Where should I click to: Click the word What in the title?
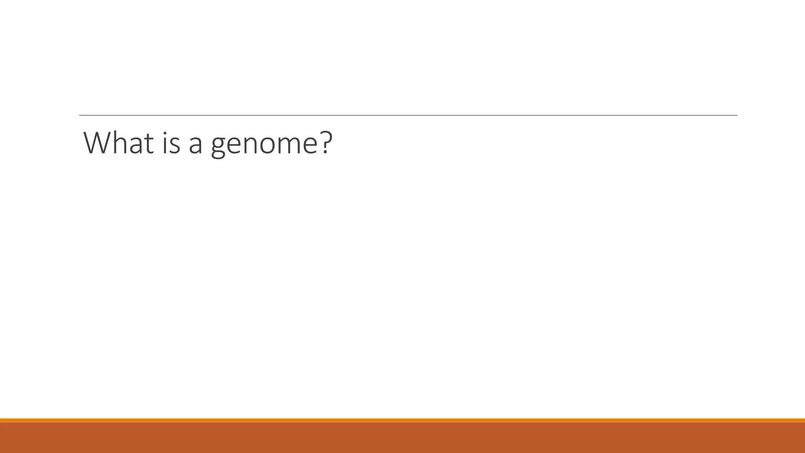pos(118,143)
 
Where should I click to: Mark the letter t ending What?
pos(149,144)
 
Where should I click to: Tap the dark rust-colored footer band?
pos(402,438)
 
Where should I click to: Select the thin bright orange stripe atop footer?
pos(402,420)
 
